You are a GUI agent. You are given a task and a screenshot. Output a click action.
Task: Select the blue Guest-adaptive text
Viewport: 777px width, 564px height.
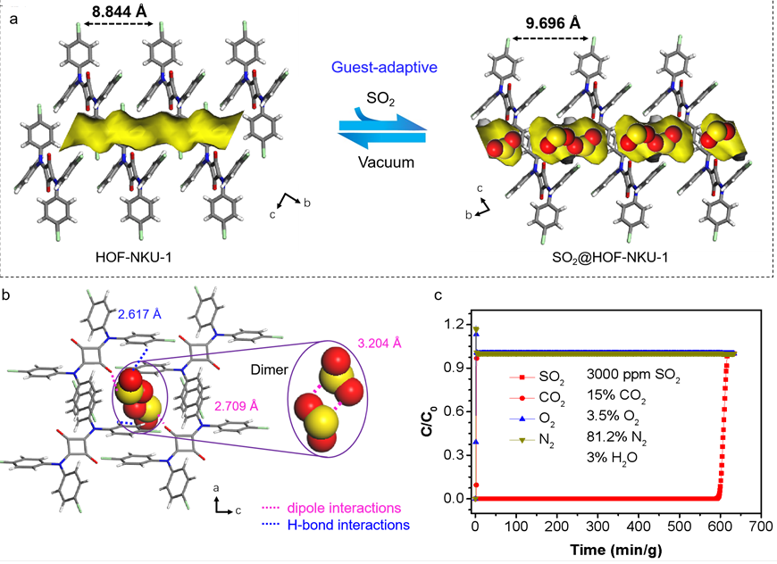pos(378,68)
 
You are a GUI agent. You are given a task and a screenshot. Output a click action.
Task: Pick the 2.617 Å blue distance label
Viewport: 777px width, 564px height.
pos(142,313)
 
